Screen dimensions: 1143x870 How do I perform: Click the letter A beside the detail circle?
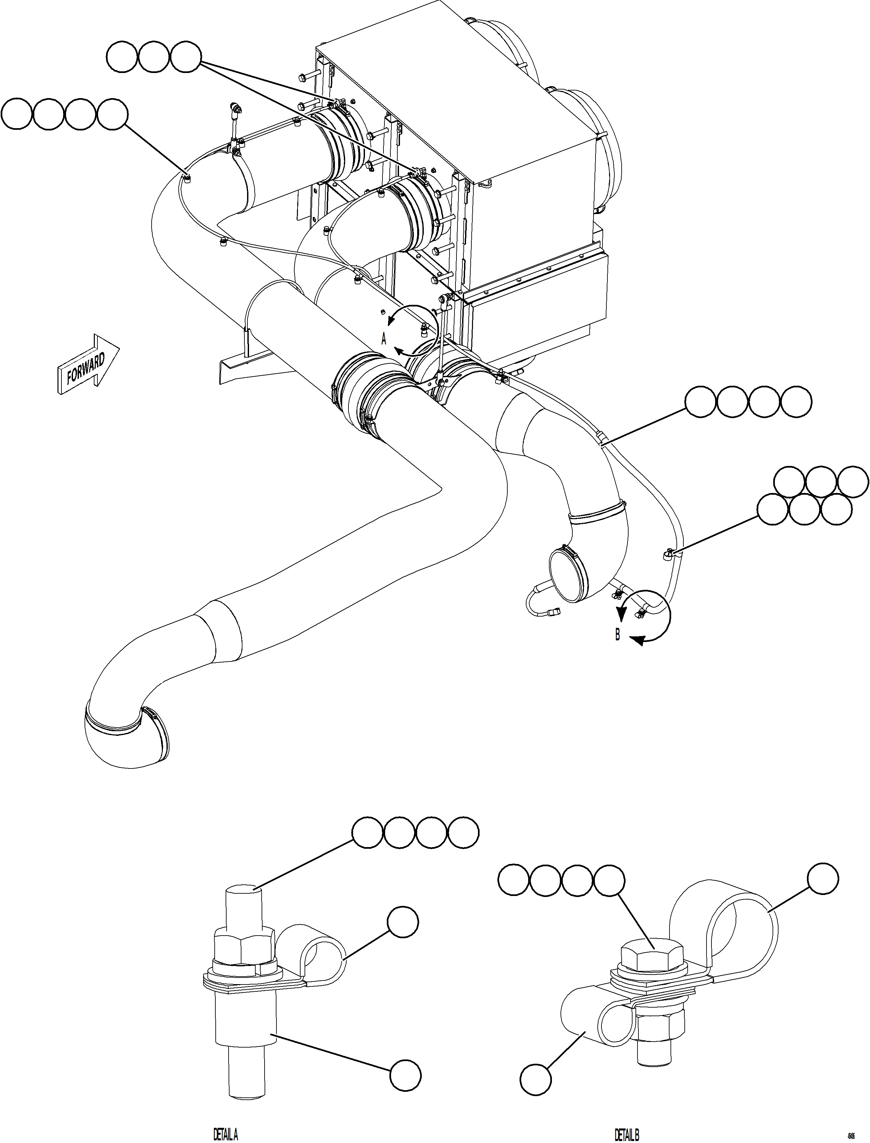click(384, 339)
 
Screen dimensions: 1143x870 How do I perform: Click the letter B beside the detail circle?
click(617, 635)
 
